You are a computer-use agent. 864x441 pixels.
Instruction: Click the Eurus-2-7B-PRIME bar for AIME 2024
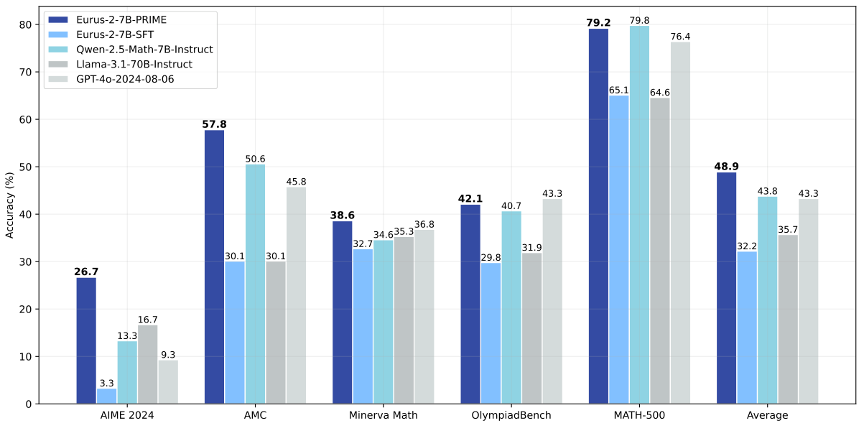(x=86, y=340)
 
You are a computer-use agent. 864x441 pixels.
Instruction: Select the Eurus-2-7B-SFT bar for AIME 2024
(x=106, y=396)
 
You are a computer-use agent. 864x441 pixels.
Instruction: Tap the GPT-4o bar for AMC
(x=296, y=295)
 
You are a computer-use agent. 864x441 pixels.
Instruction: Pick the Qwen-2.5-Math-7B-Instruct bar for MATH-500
(x=639, y=215)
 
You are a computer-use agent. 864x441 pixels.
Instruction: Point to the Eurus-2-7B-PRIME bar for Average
(x=726, y=288)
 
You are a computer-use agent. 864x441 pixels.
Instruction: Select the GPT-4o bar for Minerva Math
(x=424, y=317)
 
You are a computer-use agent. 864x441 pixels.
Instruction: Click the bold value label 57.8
(x=214, y=124)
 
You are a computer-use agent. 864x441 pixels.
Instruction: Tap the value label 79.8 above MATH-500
(x=639, y=20)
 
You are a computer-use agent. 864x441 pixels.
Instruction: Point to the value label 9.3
(x=168, y=354)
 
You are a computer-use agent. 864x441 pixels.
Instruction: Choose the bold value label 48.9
(x=726, y=167)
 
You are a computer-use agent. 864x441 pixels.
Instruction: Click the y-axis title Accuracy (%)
(x=10, y=205)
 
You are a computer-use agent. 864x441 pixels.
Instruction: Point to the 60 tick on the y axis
(x=26, y=120)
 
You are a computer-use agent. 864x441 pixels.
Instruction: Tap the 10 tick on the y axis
(x=26, y=357)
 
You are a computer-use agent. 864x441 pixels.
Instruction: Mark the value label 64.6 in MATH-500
(x=660, y=92)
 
